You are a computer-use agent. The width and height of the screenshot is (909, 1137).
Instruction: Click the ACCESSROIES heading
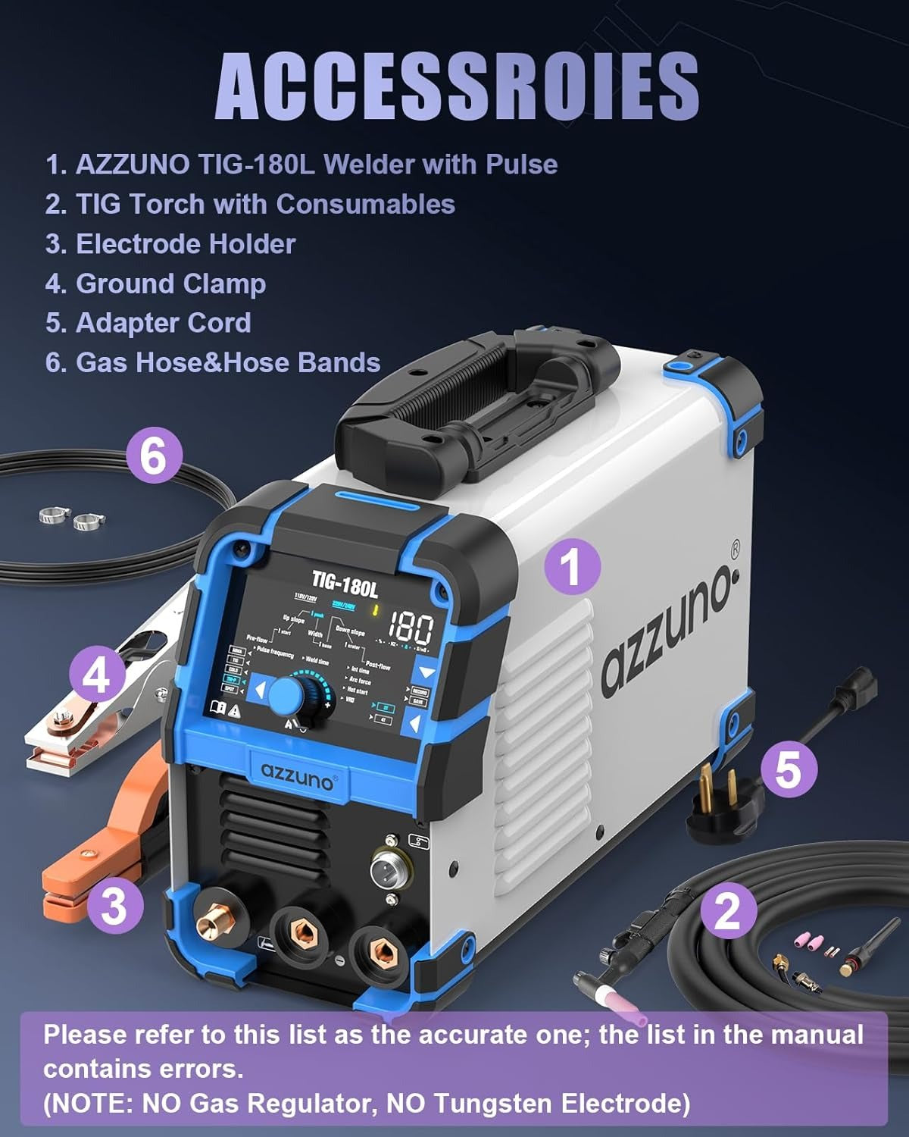(x=457, y=86)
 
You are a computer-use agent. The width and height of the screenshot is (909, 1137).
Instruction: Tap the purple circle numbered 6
(x=154, y=457)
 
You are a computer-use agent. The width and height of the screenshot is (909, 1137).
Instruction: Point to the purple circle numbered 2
(x=727, y=910)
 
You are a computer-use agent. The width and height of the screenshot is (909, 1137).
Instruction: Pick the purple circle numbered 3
(x=114, y=904)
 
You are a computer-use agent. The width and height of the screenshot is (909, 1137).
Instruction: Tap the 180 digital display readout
(x=411, y=628)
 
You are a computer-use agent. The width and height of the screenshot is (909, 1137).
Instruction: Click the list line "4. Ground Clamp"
(x=155, y=283)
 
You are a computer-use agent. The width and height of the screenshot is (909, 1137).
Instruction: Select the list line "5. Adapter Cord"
(x=148, y=323)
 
